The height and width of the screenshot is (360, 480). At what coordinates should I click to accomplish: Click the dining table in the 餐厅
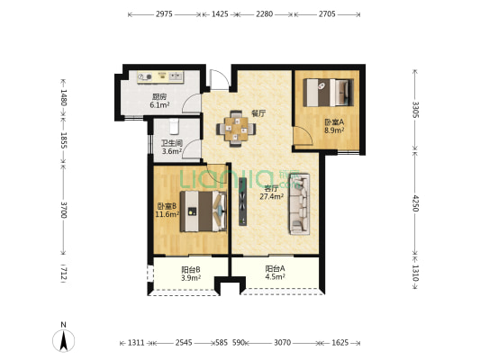tap(236, 129)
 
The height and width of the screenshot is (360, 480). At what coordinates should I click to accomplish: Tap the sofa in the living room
tap(299, 204)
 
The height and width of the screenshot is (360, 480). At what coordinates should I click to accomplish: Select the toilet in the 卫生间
tap(174, 126)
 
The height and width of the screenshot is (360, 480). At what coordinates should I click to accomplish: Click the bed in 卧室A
tap(329, 93)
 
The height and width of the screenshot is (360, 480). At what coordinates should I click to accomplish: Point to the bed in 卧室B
tap(204, 211)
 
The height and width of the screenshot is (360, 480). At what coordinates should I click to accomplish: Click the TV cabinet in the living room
tap(243, 202)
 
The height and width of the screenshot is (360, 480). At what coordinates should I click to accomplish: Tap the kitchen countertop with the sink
tap(160, 76)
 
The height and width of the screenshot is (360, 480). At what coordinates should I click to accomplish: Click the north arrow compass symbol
tap(64, 340)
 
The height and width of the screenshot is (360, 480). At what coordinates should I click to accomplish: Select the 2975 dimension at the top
tap(165, 14)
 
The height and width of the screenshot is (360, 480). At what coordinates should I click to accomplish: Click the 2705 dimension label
tap(327, 14)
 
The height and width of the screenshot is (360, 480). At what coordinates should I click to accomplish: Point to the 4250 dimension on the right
tap(416, 203)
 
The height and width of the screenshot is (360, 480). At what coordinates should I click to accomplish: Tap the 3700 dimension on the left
tap(63, 210)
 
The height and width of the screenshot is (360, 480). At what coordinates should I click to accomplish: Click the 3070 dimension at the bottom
tap(282, 343)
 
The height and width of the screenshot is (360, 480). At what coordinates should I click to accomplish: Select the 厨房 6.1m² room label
tap(159, 101)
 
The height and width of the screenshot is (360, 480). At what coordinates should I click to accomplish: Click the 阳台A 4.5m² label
tap(275, 273)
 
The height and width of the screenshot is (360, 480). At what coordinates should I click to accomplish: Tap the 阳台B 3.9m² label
tap(191, 274)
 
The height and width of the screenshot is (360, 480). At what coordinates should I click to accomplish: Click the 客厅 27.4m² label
tap(271, 193)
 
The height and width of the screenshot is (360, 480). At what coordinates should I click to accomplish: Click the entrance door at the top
tap(220, 80)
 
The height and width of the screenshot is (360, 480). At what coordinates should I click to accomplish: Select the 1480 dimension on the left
tap(63, 97)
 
